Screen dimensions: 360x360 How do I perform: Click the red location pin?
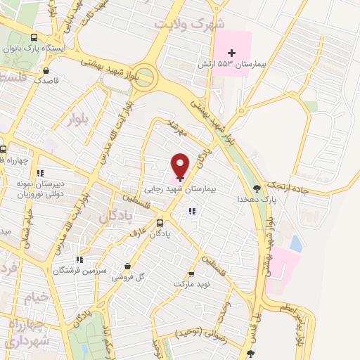(181, 165)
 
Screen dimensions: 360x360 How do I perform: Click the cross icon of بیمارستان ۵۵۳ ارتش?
(231, 53)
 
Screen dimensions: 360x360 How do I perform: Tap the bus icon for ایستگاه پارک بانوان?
(34, 38)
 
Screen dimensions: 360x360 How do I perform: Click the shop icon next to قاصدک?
(46, 70)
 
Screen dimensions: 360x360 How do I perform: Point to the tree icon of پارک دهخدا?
(256, 188)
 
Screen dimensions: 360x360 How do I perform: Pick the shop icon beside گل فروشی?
(127, 266)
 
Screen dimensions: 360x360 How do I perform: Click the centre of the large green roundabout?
(145, 75)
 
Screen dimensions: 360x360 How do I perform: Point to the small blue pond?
(296, 244)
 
